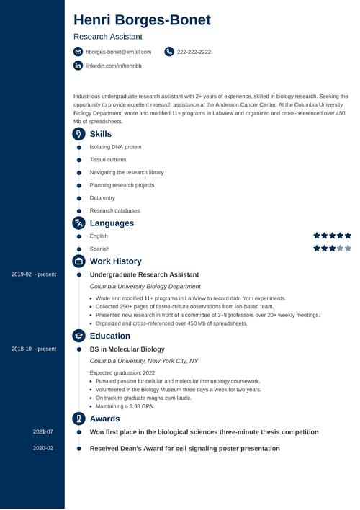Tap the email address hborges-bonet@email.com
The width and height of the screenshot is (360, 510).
pyautogui.click(x=118, y=52)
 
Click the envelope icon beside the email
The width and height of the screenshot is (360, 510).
pyautogui.click(x=78, y=52)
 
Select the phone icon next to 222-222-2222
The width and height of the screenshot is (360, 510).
pyautogui.click(x=169, y=52)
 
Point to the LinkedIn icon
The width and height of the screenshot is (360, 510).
pyautogui.click(x=78, y=66)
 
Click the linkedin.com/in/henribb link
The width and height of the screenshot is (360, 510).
pyautogui.click(x=113, y=66)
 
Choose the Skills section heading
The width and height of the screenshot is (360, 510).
pyautogui.click(x=100, y=134)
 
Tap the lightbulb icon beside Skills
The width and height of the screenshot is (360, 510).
pyautogui.click(x=78, y=134)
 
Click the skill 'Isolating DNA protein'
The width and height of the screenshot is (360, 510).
pyautogui.click(x=115, y=147)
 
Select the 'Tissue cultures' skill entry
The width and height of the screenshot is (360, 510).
pyautogui.click(x=108, y=160)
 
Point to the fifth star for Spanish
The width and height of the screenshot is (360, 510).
pyautogui.click(x=348, y=249)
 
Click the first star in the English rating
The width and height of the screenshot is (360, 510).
pyautogui.click(x=317, y=236)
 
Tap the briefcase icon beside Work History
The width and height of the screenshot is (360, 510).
pyautogui.click(x=78, y=261)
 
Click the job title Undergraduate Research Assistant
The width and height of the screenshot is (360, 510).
pyautogui.click(x=144, y=274)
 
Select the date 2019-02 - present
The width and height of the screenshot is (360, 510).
pyautogui.click(x=34, y=274)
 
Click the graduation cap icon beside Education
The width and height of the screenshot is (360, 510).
pyautogui.click(x=78, y=336)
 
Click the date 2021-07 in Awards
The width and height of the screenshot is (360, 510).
pyautogui.click(x=43, y=432)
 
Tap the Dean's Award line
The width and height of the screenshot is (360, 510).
pyautogui.click(x=184, y=448)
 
